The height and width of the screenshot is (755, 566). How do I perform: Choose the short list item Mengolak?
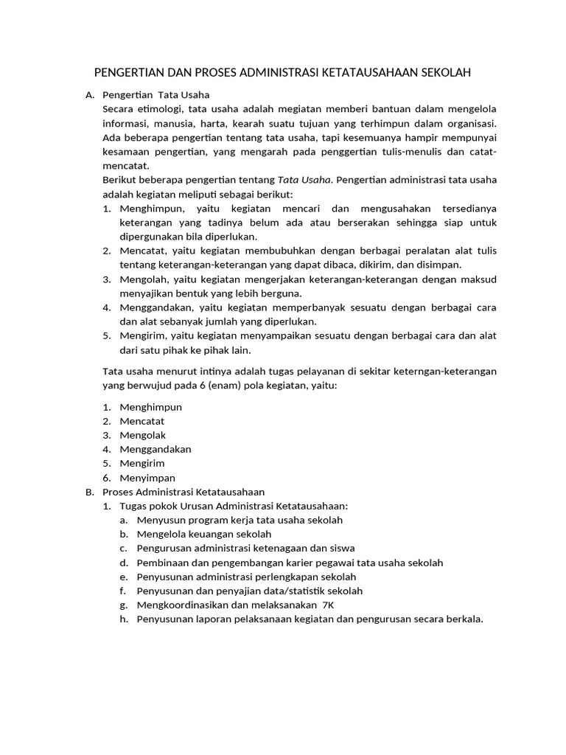point(143,435)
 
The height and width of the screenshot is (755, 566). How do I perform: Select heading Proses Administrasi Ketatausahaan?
point(183,492)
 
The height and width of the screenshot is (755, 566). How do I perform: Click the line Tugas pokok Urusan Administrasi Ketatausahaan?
point(234,506)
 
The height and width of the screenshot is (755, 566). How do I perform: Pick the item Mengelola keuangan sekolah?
point(204,534)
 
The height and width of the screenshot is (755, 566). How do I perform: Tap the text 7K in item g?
point(328,605)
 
